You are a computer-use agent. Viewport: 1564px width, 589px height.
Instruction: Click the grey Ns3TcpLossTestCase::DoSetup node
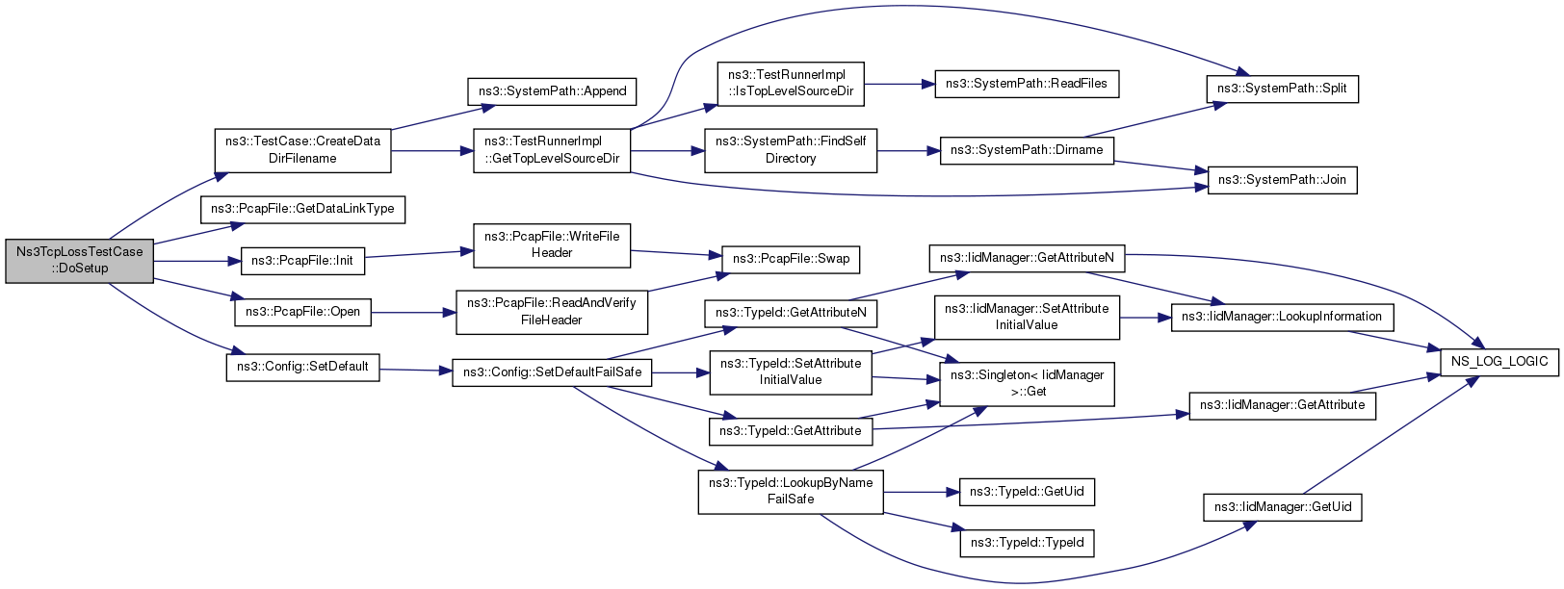[x=79, y=261]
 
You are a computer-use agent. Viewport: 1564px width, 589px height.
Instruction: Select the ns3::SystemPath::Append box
[x=552, y=91]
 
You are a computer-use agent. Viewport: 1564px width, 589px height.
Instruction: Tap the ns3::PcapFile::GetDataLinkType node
[x=302, y=210]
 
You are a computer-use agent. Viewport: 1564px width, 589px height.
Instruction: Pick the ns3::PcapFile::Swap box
[x=791, y=259]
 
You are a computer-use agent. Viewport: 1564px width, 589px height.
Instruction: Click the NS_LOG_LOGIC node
[x=1499, y=362]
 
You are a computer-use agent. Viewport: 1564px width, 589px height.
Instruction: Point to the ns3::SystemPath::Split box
[x=1282, y=89]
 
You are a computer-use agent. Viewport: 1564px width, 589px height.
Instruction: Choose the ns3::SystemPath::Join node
[x=1282, y=180]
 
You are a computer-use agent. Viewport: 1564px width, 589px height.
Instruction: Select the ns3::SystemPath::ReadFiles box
[x=1027, y=84]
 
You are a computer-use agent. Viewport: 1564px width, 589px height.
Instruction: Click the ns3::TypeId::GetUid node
[x=1027, y=492]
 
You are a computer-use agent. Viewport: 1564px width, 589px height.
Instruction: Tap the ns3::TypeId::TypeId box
[x=1027, y=543]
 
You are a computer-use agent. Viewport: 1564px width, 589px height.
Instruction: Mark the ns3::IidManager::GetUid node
[x=1283, y=506]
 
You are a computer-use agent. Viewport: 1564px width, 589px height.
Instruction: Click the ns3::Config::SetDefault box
[x=302, y=367]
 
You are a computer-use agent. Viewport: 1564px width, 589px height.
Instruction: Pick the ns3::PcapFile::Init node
[x=302, y=261]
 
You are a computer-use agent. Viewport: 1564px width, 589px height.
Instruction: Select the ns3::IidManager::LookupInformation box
[x=1283, y=317]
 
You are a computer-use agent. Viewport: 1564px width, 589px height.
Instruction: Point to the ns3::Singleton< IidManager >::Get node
[x=1027, y=384]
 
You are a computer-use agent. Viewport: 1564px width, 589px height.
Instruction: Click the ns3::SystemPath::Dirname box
[x=1027, y=150]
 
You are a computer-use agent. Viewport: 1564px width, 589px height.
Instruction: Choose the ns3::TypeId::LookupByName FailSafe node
[x=791, y=492]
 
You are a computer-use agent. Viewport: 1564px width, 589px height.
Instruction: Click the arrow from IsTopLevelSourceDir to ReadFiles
[x=899, y=84]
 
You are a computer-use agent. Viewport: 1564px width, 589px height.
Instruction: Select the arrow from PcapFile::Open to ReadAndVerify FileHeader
[x=413, y=313]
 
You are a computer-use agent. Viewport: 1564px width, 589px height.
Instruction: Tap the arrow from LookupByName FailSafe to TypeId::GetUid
[x=922, y=492]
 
